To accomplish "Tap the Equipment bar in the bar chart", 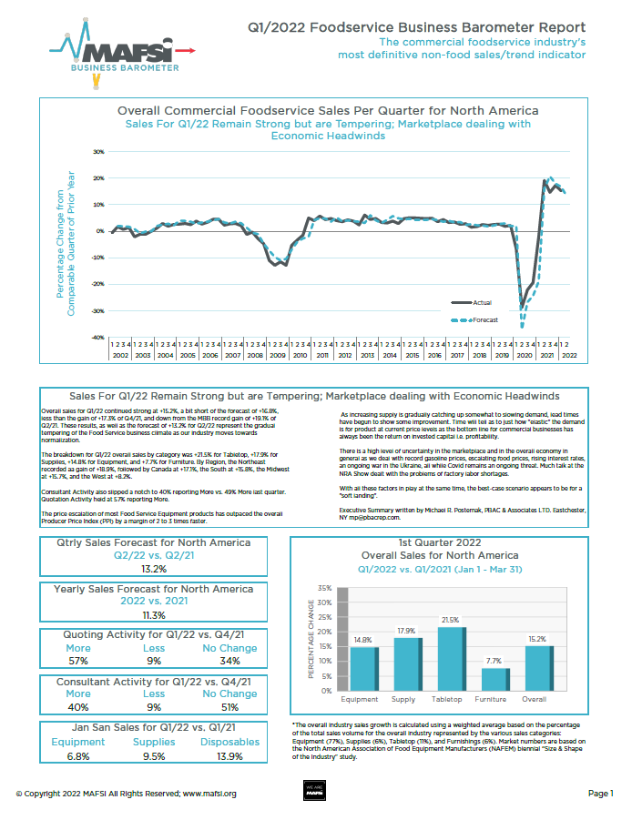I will pyautogui.click(x=363, y=669).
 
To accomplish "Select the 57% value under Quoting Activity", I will pyautogui.click(x=78, y=661).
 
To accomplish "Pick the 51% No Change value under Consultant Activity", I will pyautogui.click(x=228, y=706).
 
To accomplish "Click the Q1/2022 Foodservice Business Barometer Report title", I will pyautogui.click(x=417, y=28).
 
